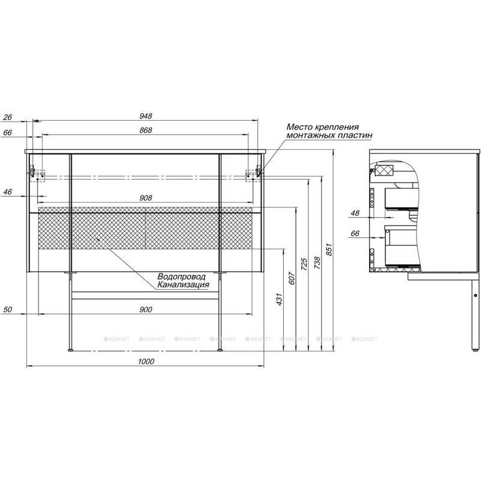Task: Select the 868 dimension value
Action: coord(146,130)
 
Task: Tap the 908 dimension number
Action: coord(146,197)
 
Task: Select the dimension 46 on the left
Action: coord(8,192)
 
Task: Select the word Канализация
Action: coord(183,284)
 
